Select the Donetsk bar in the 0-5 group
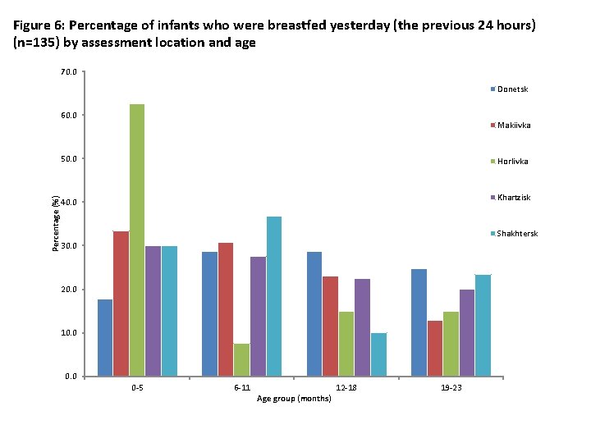[x=105, y=338]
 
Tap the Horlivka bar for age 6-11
[x=242, y=360]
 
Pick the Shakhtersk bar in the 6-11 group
[x=274, y=296]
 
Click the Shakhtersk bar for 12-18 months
[x=378, y=354]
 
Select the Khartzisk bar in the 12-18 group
[x=363, y=327]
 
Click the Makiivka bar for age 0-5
[x=121, y=304]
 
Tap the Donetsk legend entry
[x=512, y=89]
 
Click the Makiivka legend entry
[x=513, y=126]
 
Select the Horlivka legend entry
[x=512, y=162]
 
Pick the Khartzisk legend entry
[x=514, y=198]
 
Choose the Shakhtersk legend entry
[x=517, y=234]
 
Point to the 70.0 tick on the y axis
[x=69, y=72]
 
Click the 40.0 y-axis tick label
[x=69, y=202]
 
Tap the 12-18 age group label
[x=346, y=387]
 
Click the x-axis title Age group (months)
[x=294, y=398]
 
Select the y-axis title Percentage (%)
[x=56, y=224]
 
